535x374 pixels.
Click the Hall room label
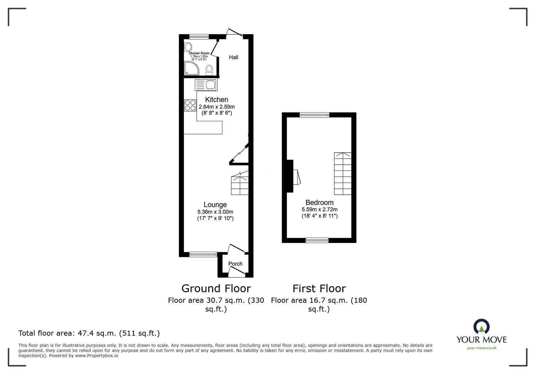pos(234,57)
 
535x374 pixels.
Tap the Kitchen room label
pos(216,100)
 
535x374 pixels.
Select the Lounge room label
pos(215,205)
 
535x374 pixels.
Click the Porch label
pos(235,264)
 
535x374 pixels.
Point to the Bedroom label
pos(319,203)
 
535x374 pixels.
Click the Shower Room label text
pos(199,53)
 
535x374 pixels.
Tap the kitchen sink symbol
pos(206,85)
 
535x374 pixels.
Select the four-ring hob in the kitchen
pos(190,105)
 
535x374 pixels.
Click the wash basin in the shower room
pos(188,46)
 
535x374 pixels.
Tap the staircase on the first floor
pos(343,174)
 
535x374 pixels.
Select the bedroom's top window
pos(314,115)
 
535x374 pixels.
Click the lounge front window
pos(203,254)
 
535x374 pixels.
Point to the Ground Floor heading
pos(216,288)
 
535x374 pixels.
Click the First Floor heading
pos(319,288)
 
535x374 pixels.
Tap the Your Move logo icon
pos(481,326)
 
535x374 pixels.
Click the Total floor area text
pos(89,333)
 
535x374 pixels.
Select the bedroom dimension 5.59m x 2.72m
pos(320,210)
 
